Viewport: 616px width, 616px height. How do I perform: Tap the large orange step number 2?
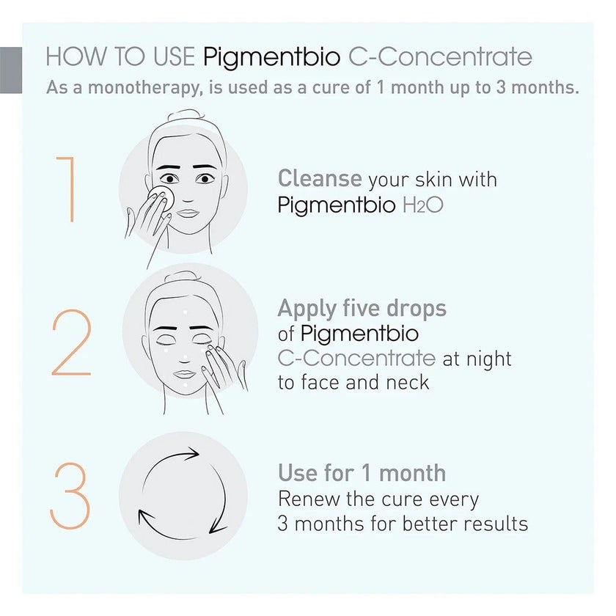tap(72, 344)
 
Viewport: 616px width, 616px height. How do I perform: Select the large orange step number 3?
tap(70, 498)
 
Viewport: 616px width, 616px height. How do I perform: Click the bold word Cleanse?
tap(320, 178)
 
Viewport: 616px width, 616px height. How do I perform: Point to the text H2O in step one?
tap(424, 205)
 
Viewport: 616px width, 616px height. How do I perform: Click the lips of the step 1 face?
tap(188, 213)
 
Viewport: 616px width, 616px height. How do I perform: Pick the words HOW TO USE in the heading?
tap(121, 57)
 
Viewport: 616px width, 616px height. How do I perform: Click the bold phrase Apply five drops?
tap(362, 308)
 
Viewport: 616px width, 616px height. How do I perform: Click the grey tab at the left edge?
tap(10, 70)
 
